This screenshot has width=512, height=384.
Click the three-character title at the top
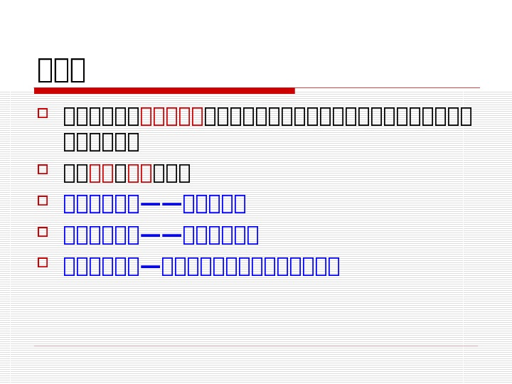61,70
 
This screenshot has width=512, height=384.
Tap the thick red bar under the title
164,90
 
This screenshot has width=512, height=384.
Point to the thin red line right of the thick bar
388,88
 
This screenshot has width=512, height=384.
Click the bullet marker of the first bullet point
43,113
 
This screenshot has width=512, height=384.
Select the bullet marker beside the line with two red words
43,169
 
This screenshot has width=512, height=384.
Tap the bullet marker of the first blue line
43,201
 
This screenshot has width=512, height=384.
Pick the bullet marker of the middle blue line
43,232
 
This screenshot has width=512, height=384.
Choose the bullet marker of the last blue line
43,262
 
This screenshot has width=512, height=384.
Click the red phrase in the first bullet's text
172,116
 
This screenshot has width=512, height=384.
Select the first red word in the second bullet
101,173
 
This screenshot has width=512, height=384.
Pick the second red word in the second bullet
139,173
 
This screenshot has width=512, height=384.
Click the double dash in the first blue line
161,204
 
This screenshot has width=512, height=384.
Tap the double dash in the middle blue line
161,235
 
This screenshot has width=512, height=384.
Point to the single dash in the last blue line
151,267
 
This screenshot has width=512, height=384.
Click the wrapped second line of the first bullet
101,142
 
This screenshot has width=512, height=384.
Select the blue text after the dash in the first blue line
214,204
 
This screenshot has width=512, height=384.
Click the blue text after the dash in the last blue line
250,267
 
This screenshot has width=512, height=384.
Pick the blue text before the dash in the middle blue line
101,235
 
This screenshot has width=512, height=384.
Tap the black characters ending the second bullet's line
171,173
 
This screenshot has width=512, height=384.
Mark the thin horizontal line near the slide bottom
256,346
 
